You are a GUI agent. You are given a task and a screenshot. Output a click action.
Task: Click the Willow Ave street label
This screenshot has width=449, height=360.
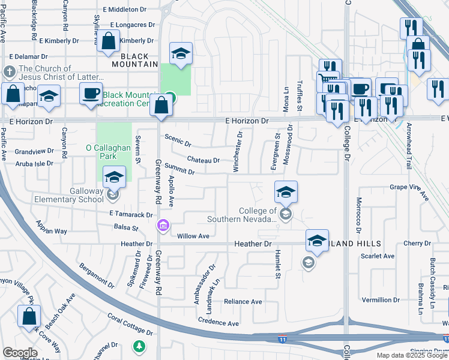click(193, 236)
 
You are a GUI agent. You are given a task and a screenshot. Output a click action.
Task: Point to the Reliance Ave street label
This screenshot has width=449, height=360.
click(243, 301)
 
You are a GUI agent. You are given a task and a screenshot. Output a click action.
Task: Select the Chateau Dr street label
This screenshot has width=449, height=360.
click(203, 160)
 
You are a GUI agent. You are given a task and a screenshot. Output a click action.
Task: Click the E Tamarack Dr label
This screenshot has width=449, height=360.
click(131, 214)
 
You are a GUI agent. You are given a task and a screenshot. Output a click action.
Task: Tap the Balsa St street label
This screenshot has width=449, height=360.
click(127, 228)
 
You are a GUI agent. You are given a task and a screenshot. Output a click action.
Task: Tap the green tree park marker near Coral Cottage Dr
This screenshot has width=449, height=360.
click(139, 346)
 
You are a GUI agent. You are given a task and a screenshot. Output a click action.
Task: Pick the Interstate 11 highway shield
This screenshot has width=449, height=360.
click(282, 340)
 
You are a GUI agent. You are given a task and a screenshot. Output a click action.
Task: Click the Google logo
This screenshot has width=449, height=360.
click(20, 353)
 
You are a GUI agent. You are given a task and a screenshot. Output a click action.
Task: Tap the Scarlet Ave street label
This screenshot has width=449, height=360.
click(378, 256)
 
